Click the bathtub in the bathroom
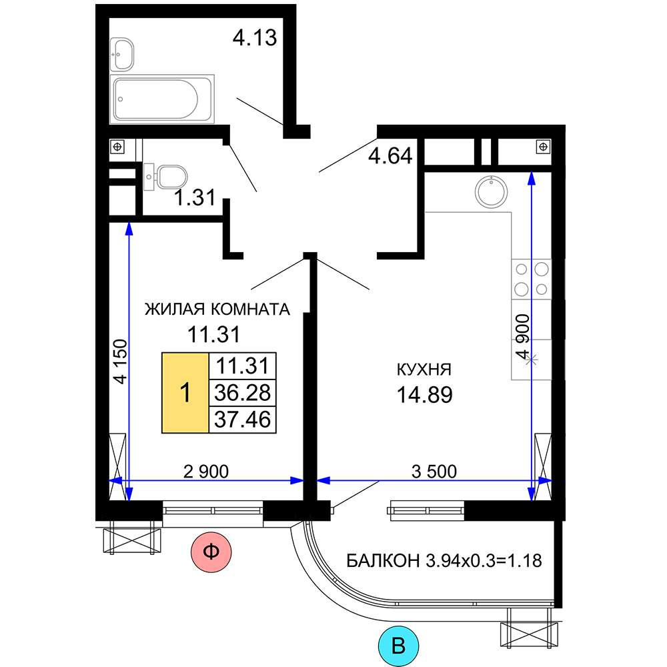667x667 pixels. (x=161, y=99)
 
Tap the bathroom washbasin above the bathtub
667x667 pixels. (x=121, y=54)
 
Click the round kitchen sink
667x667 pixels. (x=491, y=191)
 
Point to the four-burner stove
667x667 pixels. (x=532, y=279)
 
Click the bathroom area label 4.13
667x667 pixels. (x=255, y=37)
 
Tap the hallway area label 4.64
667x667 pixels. (x=390, y=155)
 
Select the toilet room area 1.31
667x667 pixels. (x=195, y=198)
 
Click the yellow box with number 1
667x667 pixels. (x=185, y=393)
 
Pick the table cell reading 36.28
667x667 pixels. (x=243, y=393)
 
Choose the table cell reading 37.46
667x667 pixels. (x=243, y=420)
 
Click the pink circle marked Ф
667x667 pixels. (x=211, y=552)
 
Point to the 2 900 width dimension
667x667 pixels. (x=206, y=472)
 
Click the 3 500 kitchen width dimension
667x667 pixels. (x=434, y=472)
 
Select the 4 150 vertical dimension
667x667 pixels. (x=120, y=362)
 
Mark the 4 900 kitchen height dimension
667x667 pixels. (x=523, y=337)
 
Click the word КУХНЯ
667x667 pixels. (x=424, y=370)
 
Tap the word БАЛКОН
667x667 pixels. (x=384, y=561)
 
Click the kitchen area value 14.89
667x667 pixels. (x=424, y=395)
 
